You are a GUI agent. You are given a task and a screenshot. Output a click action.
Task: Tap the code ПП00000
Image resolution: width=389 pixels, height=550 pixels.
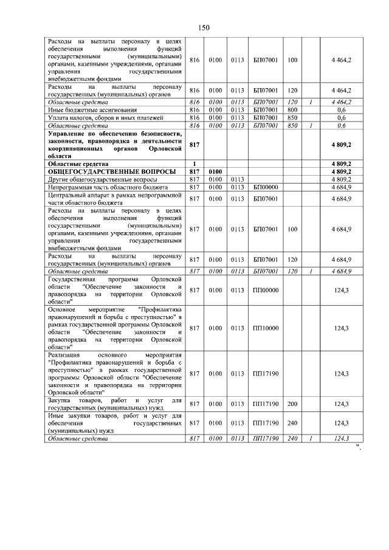[266, 290]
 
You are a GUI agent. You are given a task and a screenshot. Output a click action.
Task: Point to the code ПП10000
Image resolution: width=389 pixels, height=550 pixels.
[266, 328]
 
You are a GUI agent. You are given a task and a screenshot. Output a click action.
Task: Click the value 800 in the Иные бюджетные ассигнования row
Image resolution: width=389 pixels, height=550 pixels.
[292, 109]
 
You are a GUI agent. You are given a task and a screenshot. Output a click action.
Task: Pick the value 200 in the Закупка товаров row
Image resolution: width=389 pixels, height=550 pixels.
[292, 404]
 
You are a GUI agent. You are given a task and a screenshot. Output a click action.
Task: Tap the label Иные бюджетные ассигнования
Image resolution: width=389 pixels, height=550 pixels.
[88, 109]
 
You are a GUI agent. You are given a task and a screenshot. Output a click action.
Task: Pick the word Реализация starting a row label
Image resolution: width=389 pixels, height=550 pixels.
[64, 354]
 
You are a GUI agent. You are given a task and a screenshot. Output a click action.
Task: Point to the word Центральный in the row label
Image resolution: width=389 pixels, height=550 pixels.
[66, 195]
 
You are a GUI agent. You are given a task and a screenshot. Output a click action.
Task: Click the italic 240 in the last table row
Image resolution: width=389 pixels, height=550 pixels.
[292, 438]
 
